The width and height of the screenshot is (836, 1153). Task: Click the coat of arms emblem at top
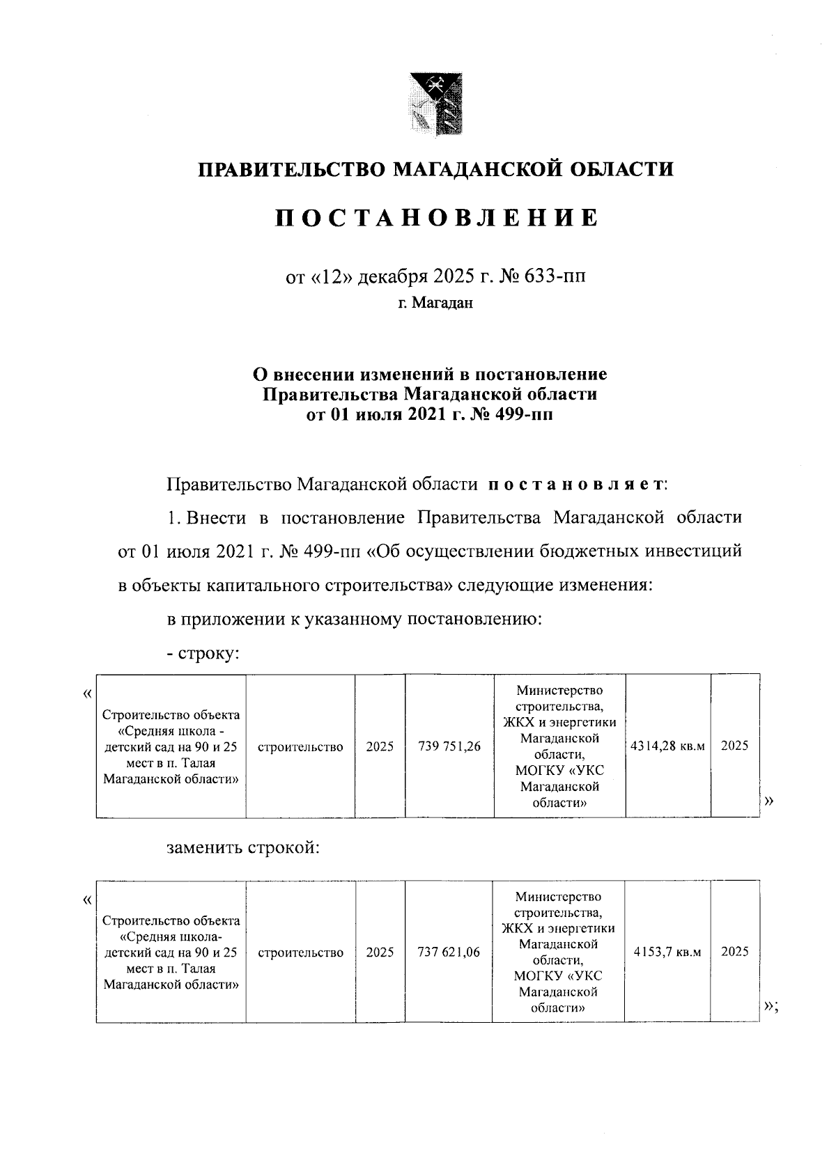(x=435, y=104)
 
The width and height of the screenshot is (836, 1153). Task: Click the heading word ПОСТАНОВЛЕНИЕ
(x=436, y=219)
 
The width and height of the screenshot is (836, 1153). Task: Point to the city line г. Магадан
(x=436, y=304)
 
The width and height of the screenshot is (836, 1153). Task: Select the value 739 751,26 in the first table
(x=449, y=747)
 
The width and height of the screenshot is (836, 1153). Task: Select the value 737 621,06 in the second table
(x=449, y=952)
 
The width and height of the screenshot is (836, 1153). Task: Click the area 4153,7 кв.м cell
(x=667, y=952)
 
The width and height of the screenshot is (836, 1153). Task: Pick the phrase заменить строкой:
(x=243, y=848)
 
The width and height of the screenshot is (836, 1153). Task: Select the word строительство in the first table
(x=300, y=747)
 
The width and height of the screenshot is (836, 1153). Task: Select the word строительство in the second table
(x=300, y=952)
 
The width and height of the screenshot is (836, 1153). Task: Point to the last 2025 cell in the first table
(x=734, y=746)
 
